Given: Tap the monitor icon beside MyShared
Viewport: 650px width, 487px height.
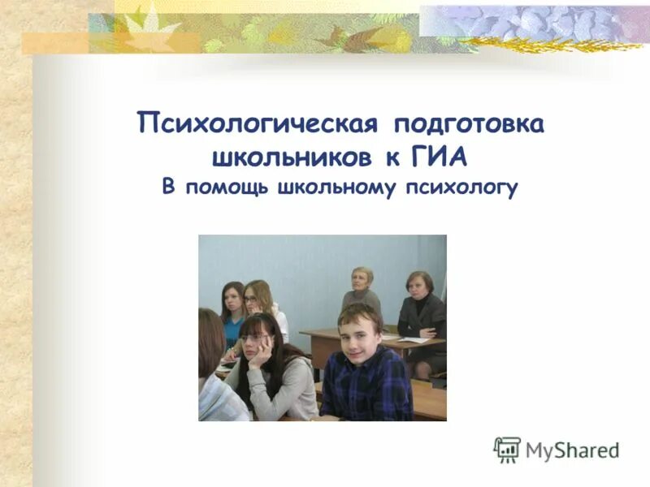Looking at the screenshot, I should click(507, 450).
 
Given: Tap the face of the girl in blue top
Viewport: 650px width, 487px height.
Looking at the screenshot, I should click(233, 302).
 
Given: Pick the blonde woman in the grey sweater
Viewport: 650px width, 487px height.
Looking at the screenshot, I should click(362, 291).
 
